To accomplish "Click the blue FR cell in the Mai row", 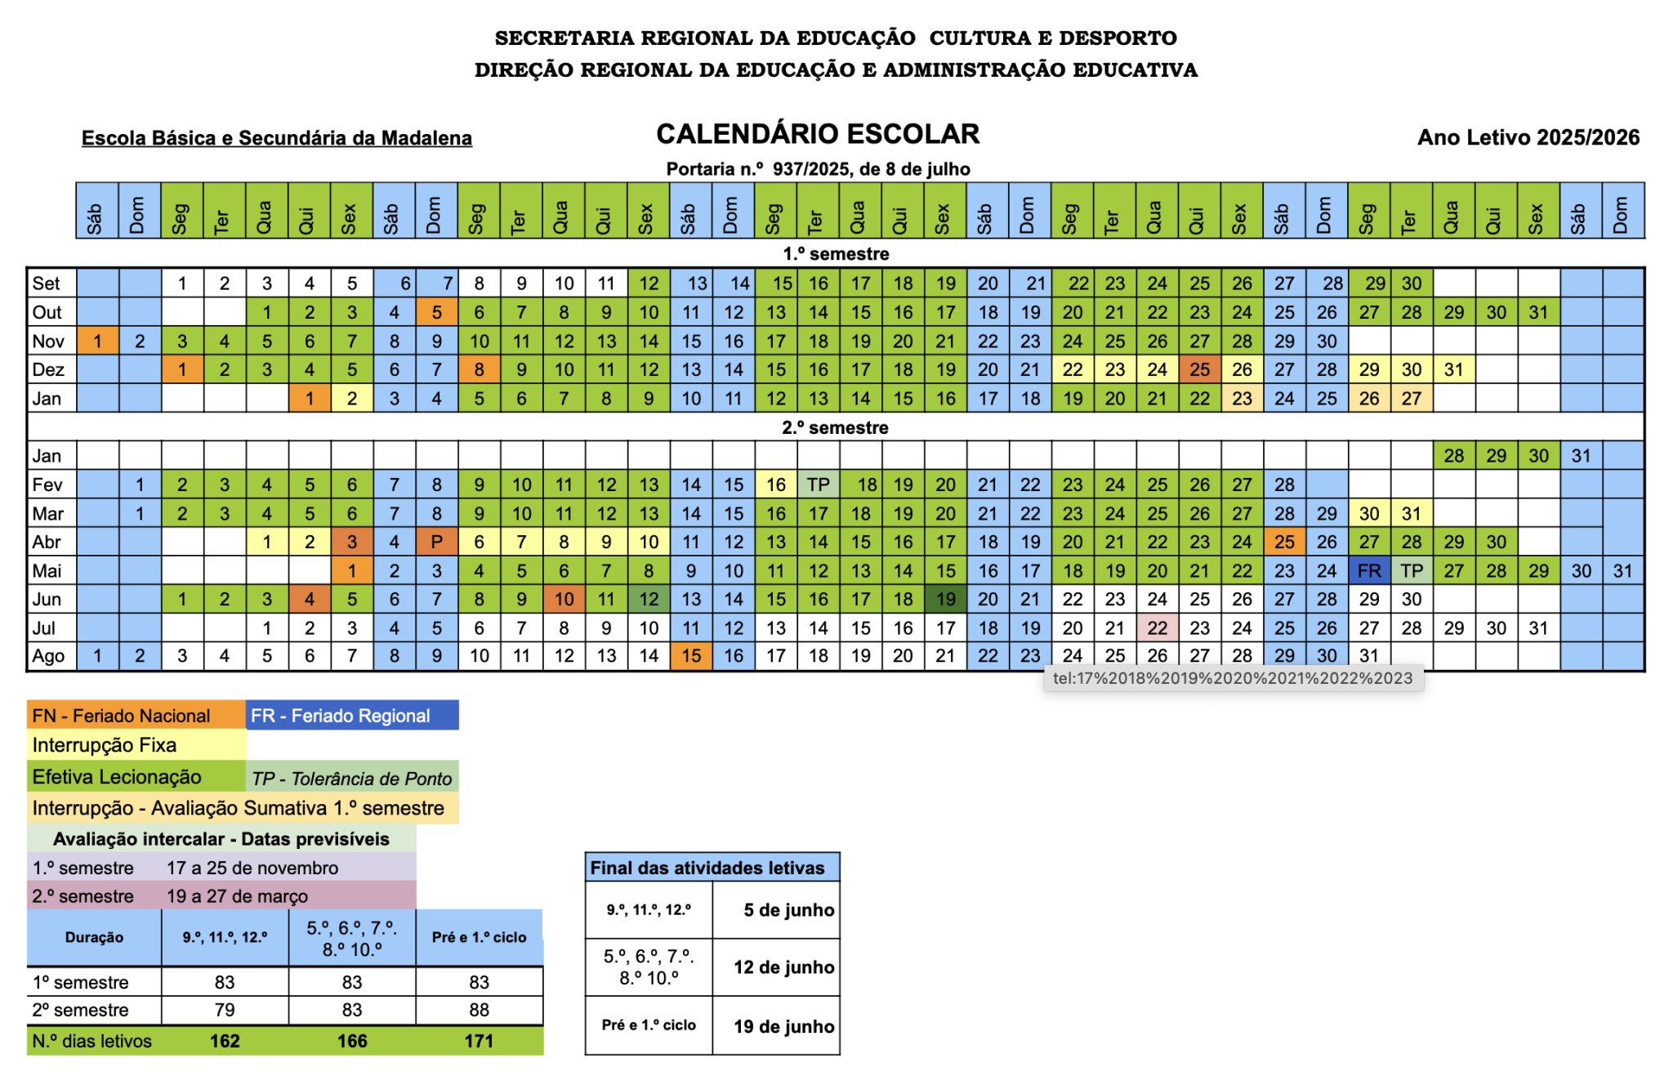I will tap(1369, 570).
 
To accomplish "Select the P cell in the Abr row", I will tap(437, 542).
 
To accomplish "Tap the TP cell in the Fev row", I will tap(818, 485).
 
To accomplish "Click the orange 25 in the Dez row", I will tap(1199, 369).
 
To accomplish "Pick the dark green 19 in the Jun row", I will tap(945, 599).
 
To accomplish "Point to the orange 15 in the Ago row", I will tap(691, 656).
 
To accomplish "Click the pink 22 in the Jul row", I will tap(1157, 628).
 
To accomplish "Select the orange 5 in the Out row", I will tap(437, 312).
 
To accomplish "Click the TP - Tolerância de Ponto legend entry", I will tap(352, 778).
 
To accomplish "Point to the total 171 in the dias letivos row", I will tap(479, 1041).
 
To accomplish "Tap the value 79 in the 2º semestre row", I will tap(225, 1010).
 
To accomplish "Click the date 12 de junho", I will tap(783, 967).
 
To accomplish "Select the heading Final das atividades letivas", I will tap(707, 868).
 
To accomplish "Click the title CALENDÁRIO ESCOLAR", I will tap(818, 134).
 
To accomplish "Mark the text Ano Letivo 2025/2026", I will tap(1528, 137).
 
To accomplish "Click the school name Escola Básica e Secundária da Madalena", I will tap(276, 138).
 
